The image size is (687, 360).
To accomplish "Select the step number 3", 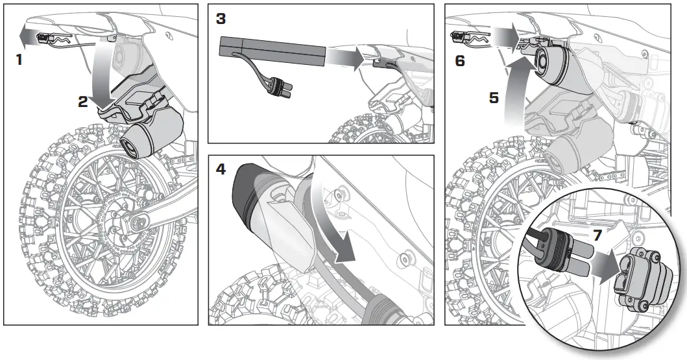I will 221,18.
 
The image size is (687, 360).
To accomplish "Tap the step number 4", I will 221,169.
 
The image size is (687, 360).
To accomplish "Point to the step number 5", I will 494,97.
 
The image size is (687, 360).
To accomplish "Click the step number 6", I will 460,60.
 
